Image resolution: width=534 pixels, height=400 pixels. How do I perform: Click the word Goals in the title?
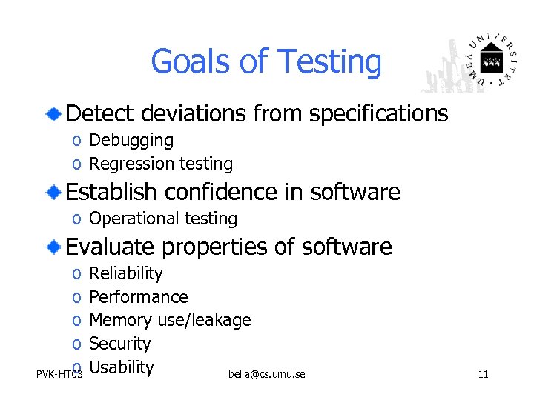tap(192, 63)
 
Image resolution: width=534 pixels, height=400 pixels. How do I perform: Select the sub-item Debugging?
tap(131, 140)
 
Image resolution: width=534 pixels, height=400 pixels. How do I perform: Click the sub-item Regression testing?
tap(161, 164)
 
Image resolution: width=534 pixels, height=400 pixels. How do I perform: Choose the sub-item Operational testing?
tap(163, 219)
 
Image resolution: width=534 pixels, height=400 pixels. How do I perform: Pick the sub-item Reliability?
tap(125, 273)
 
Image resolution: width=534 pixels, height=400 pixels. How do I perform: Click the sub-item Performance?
tap(139, 297)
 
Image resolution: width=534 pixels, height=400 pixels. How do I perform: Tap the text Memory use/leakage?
tap(170, 320)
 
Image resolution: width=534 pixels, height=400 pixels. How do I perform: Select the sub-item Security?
tap(119, 344)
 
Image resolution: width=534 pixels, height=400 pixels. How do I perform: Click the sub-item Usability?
tap(121, 367)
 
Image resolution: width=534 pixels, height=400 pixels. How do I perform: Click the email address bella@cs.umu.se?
tap(267, 374)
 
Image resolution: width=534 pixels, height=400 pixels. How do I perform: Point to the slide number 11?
tap(483, 374)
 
